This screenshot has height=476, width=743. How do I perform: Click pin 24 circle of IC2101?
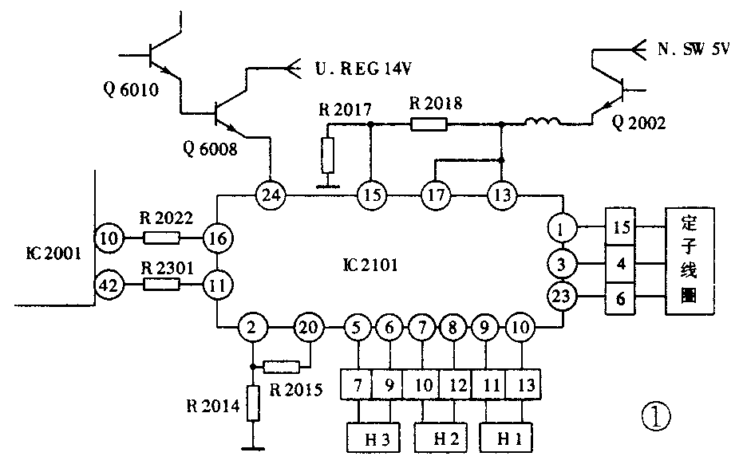[x=271, y=195]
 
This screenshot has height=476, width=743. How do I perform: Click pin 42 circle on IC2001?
[x=109, y=284]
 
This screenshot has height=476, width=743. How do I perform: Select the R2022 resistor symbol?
[x=162, y=237]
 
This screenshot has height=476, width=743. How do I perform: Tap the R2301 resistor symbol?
[x=162, y=284]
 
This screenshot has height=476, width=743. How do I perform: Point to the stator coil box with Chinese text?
[x=690, y=258]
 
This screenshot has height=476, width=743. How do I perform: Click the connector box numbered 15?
[x=621, y=227]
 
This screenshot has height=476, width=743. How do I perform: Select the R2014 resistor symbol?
[x=253, y=403]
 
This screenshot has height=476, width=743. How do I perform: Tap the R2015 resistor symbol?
[x=281, y=367]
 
